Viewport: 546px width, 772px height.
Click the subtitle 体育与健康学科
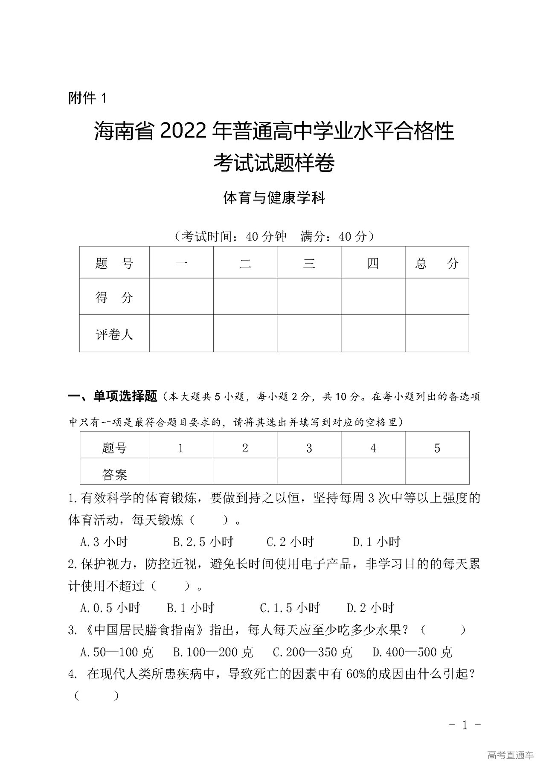274,198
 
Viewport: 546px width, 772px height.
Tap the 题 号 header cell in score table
114,263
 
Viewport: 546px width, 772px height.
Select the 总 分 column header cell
437,263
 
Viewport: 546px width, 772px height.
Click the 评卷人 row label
114,334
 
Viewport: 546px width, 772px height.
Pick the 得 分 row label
114,297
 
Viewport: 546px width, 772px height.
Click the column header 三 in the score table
309,263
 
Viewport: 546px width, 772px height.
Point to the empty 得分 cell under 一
181,297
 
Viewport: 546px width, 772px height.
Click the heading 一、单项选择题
113,396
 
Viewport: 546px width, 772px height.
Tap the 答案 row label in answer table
114,474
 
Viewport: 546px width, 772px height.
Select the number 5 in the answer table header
437,448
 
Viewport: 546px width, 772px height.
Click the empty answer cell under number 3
309,472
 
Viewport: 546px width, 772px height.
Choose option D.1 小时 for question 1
377,542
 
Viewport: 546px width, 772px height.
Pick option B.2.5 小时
203,542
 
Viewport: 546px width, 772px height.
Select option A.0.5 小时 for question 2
110,607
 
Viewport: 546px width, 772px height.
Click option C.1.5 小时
290,607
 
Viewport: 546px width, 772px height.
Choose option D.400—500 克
412,652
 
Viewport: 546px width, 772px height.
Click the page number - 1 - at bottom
465,725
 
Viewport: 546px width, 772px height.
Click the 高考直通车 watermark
510,755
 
